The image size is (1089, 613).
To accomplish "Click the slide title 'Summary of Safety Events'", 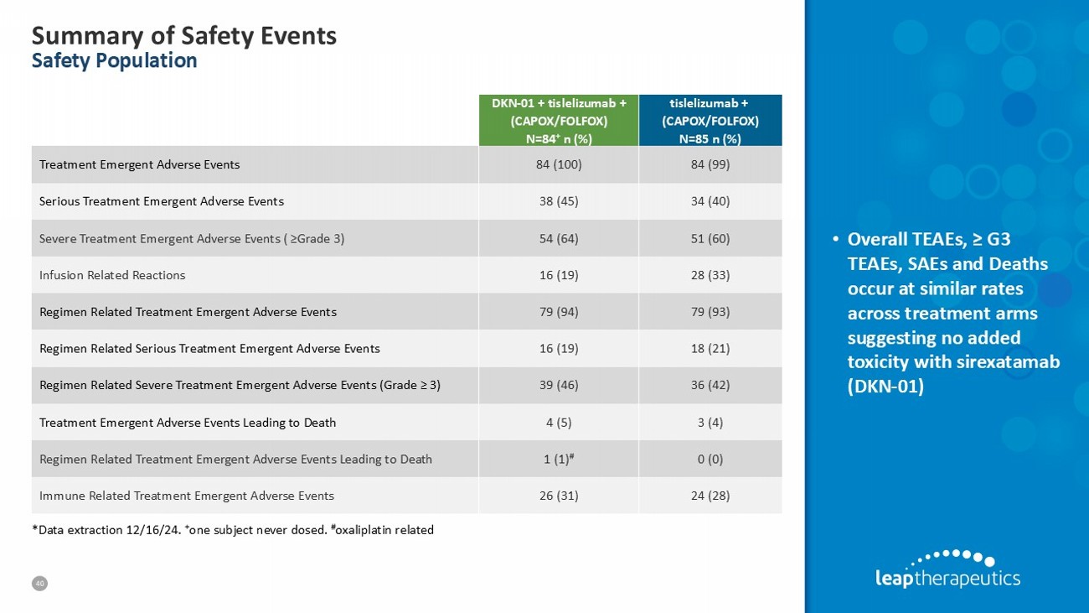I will pos(183,35).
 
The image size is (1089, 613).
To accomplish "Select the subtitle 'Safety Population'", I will pos(114,60).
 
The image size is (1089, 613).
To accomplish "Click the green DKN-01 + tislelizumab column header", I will pos(558,120).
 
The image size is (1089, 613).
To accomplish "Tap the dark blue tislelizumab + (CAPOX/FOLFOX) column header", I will pos(710,120).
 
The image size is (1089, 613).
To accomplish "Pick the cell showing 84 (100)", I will pos(558,164).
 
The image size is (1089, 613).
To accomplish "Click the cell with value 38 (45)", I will pos(558,201).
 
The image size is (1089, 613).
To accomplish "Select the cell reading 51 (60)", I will pos(710,238).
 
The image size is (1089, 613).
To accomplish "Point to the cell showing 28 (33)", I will pos(710,275).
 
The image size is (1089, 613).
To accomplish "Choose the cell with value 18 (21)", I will pos(710,348).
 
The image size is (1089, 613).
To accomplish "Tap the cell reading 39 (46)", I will pos(558,385).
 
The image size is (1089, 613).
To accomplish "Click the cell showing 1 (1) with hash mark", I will pos(558,459).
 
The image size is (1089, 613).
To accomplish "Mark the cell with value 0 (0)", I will pos(710,459).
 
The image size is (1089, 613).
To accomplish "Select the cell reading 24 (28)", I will pos(710,496).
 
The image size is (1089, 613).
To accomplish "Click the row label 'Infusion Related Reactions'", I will pos(112,275).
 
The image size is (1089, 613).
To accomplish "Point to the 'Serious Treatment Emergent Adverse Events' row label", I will pos(162,201).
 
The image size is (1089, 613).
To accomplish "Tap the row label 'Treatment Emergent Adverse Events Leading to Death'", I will pos(188,422).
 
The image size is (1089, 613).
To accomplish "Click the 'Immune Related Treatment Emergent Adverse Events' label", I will pos(187,496).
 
